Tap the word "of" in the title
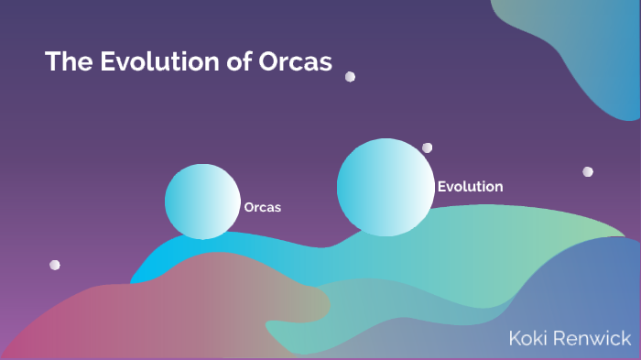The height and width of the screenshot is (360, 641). click(235, 62)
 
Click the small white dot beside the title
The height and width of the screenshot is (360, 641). click(350, 77)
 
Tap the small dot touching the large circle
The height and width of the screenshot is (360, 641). click(427, 147)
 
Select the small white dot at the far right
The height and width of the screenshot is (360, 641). click(588, 171)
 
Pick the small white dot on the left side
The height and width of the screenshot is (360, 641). click(55, 265)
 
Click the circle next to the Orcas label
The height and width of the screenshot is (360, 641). click(201, 202)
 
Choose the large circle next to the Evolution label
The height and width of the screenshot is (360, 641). click(385, 187)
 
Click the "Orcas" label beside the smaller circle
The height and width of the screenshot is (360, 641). click(262, 207)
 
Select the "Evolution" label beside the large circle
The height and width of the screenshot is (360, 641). click(470, 187)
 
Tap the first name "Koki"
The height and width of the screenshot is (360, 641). click(527, 339)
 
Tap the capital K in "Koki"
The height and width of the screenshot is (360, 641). click(516, 339)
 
